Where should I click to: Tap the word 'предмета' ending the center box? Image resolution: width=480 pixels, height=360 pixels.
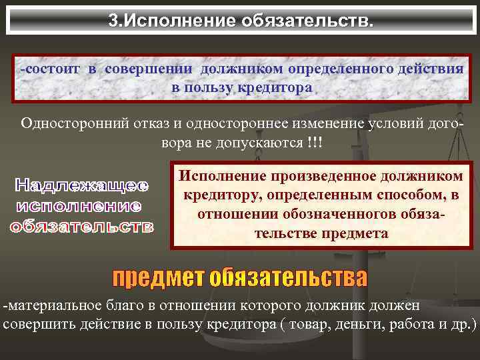click(355, 233)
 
